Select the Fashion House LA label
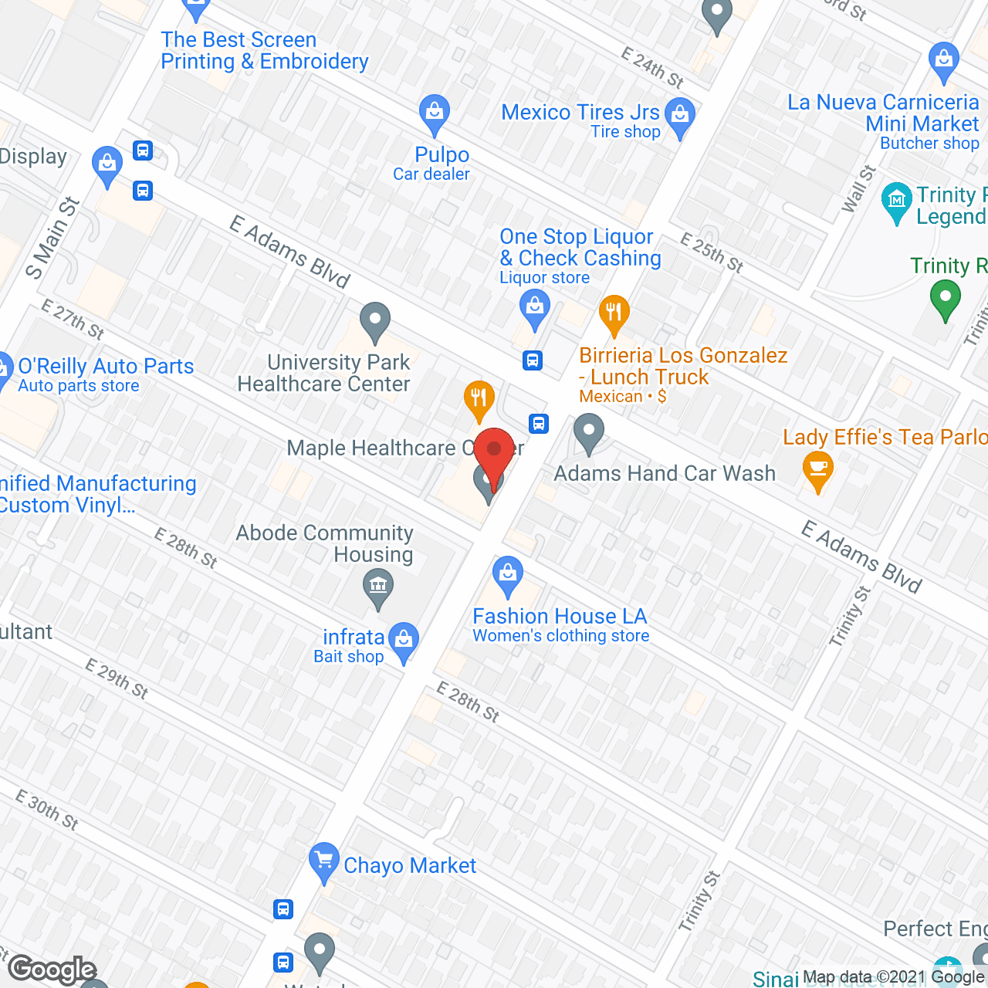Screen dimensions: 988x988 560,617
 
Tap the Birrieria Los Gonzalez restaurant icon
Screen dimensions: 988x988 614,314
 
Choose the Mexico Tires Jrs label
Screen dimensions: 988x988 580,113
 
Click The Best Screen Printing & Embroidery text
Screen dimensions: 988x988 264,51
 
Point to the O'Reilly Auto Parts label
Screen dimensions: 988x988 106,367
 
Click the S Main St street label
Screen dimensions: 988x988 52,239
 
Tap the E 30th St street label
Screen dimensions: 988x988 47,810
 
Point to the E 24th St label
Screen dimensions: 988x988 652,68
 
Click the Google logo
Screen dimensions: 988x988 52,969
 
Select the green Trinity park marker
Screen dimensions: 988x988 945,299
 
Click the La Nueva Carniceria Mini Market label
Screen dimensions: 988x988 883,113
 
